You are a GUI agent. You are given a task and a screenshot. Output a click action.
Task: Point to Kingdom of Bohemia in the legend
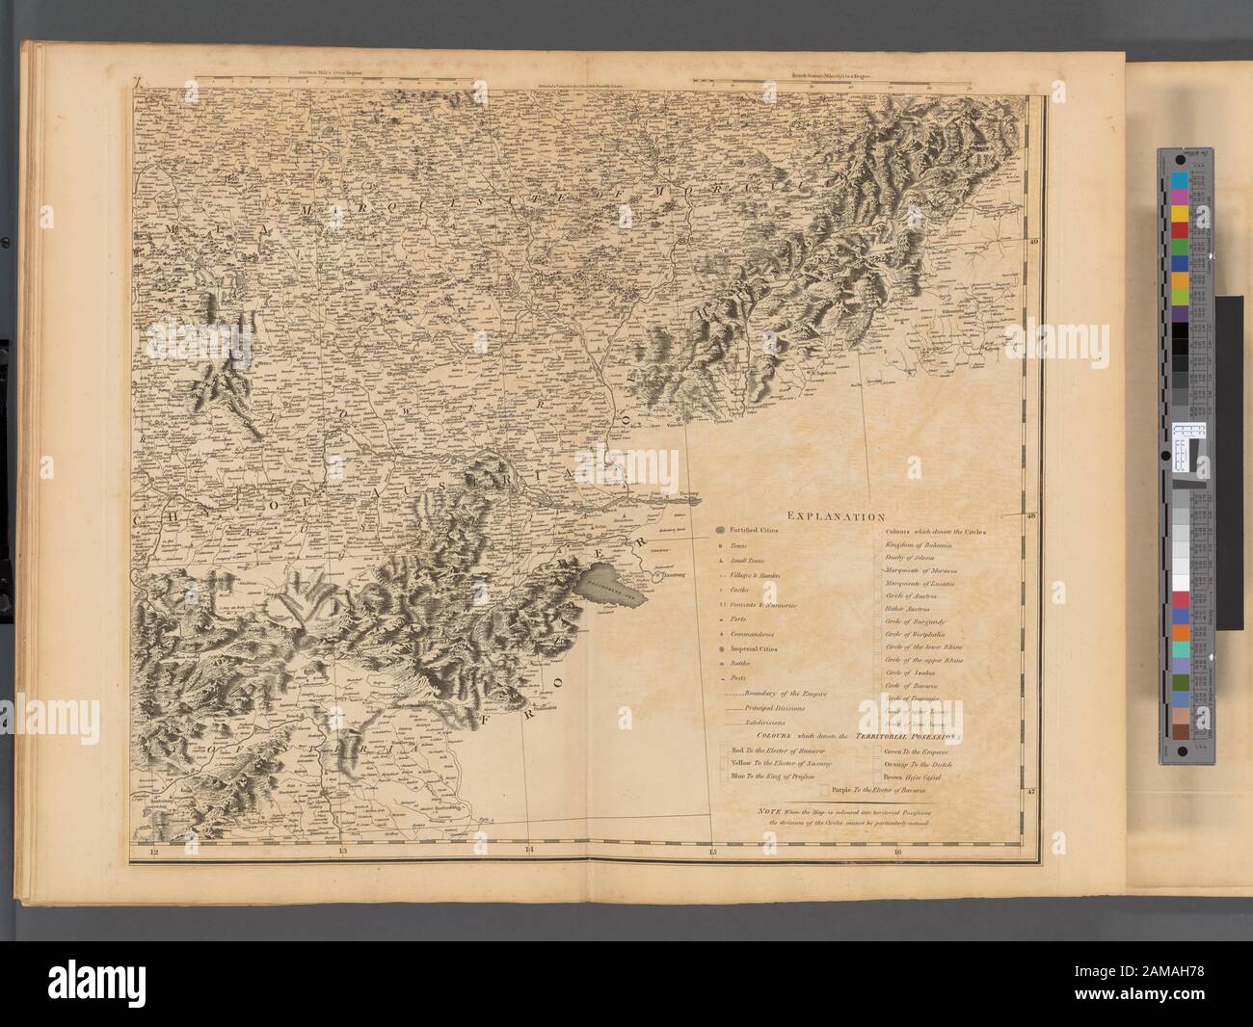tap(921, 546)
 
